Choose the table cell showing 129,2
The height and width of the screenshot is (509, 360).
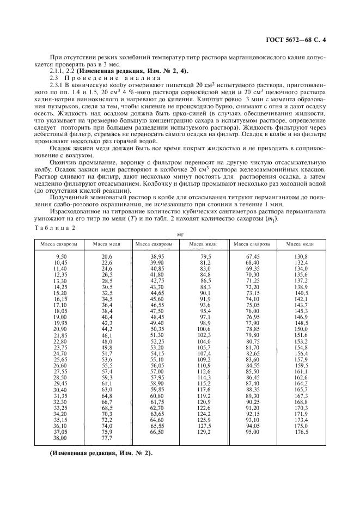[203, 431]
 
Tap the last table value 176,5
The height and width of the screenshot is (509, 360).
[301, 431]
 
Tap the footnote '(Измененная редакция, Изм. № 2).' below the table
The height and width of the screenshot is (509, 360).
[94, 453]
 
